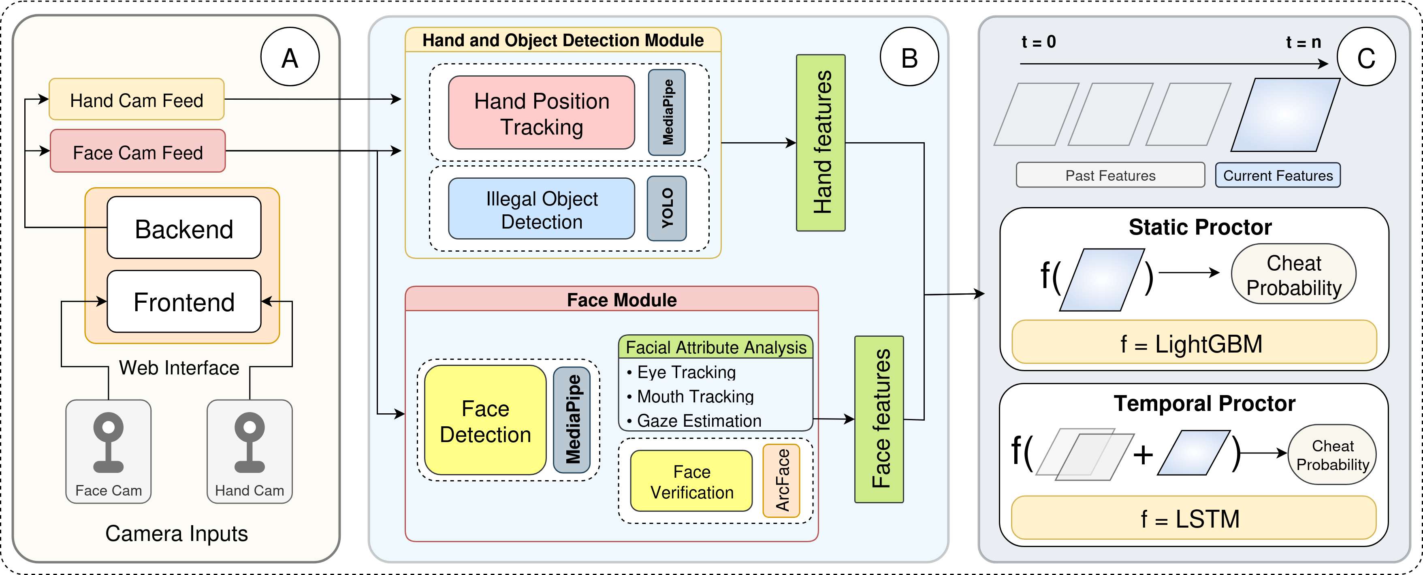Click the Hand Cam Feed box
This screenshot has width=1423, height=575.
pos(137,99)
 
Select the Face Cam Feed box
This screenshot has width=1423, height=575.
pos(138,151)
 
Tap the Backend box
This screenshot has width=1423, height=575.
pos(184,228)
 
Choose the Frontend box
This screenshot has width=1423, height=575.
pos(184,301)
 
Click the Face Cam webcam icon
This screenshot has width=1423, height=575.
pos(108,442)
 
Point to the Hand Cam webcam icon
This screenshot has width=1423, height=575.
pos(250,442)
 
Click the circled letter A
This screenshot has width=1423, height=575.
pos(290,57)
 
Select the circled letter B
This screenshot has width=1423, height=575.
pos(909,57)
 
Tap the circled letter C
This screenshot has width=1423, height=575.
pos(1366,57)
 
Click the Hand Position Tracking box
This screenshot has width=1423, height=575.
pos(541,113)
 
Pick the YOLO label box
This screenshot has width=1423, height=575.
pos(667,208)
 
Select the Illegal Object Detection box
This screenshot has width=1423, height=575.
pos(541,209)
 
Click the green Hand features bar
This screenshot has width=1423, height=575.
pos(820,143)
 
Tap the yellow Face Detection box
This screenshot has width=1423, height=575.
pos(485,420)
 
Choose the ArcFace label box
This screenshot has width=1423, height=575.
pos(781,481)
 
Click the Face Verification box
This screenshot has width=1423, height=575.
pos(691,481)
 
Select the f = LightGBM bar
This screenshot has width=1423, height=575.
pos(1194,342)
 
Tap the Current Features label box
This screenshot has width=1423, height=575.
pos(1278,175)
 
